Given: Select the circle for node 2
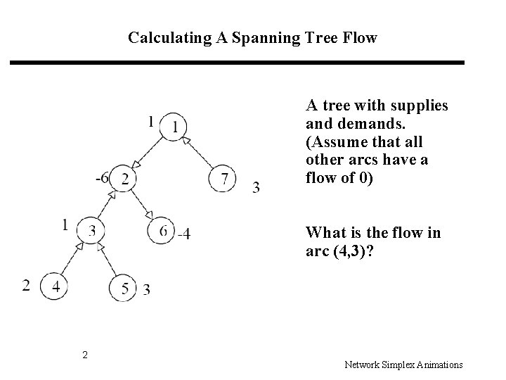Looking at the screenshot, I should coord(124,178).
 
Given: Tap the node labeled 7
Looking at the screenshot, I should coord(223,178).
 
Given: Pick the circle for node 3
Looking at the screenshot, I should coord(93,230).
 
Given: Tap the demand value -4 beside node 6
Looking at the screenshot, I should coord(183,234).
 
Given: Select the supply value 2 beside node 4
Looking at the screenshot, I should coord(27,285).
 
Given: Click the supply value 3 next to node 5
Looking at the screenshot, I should coord(146,289).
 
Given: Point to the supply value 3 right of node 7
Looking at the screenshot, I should coord(256,186).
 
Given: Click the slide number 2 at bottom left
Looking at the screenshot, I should coord(85,355).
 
